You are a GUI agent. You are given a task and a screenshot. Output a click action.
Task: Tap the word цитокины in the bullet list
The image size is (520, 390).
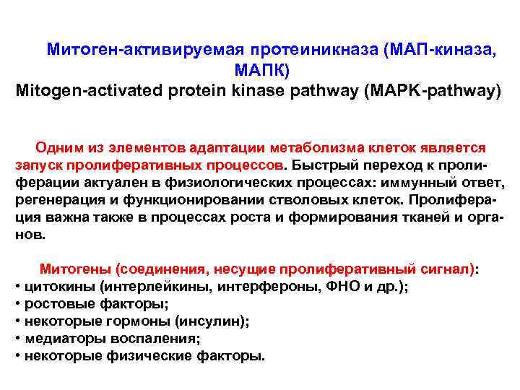(x=60, y=287)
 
